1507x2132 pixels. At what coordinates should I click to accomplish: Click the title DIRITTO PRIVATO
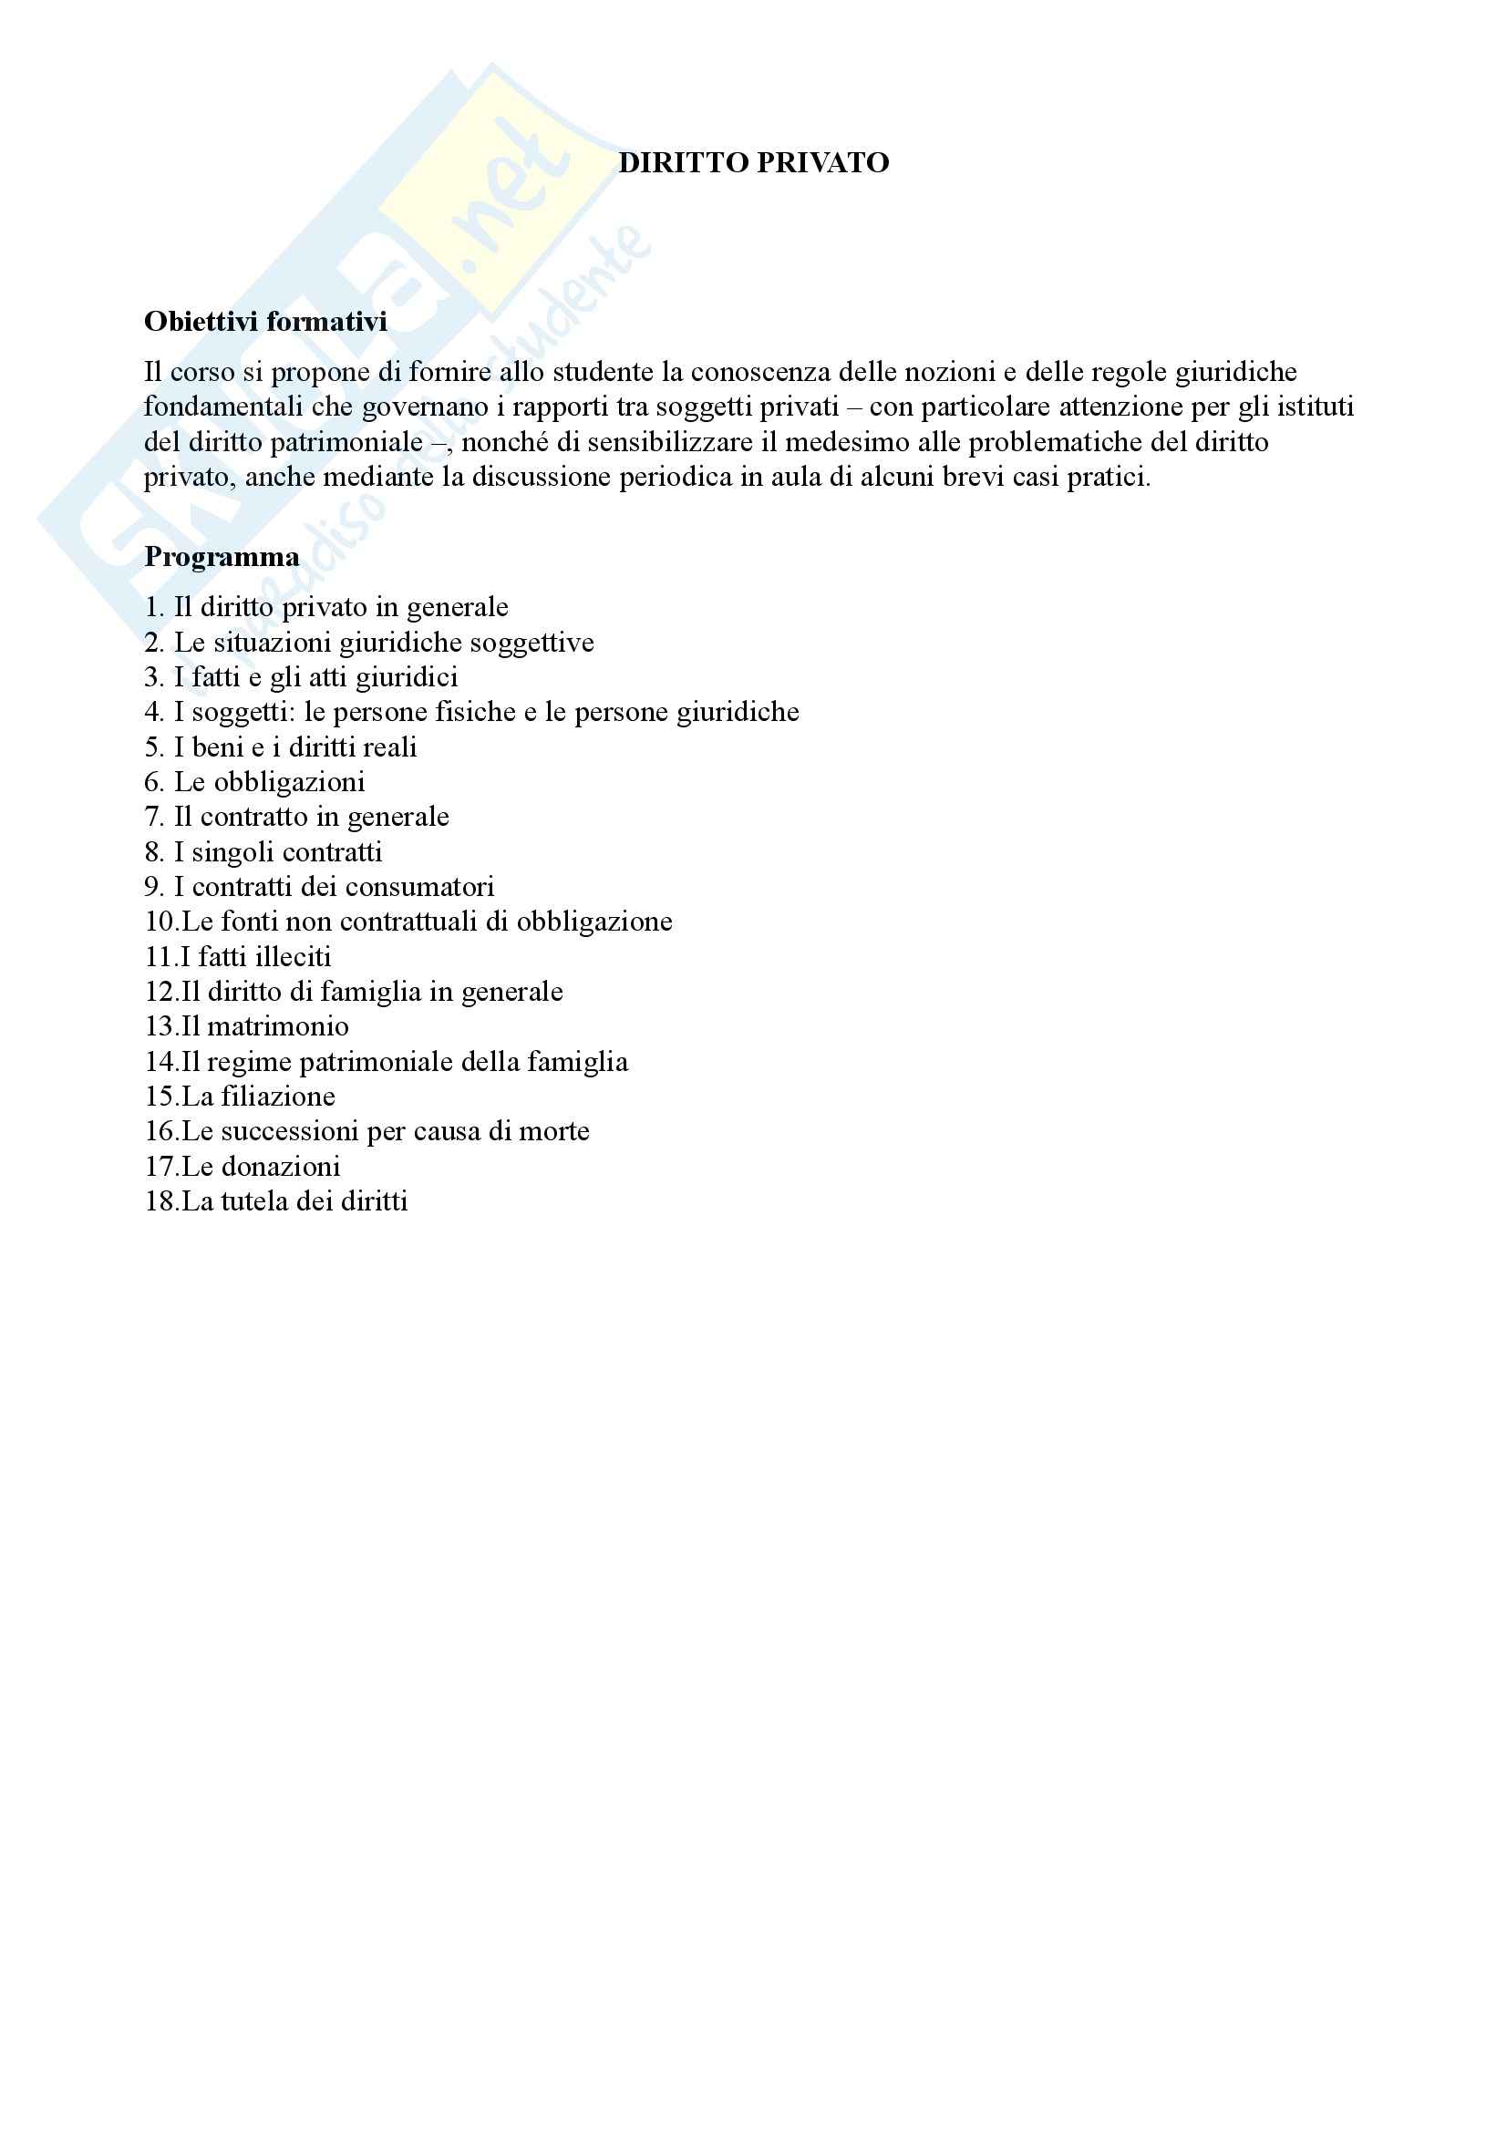click(753, 162)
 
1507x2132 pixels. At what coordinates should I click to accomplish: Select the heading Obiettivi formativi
click(265, 321)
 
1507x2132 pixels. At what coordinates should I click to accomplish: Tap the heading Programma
click(222, 556)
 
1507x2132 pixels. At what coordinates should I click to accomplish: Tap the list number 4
click(153, 712)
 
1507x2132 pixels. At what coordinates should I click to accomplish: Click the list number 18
click(160, 1201)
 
